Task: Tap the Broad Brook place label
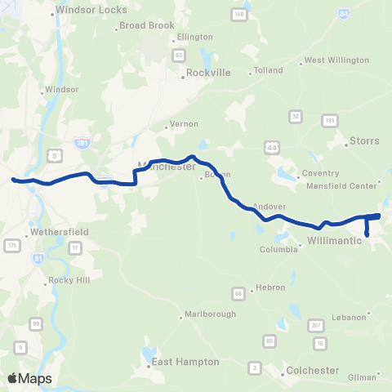tap(147, 25)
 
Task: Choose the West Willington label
tap(331, 60)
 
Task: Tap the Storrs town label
tap(364, 140)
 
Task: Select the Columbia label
tap(278, 250)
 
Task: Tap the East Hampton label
tap(185, 361)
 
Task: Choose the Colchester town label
tap(313, 370)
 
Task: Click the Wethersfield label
tap(59, 232)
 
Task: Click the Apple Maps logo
tap(29, 378)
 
